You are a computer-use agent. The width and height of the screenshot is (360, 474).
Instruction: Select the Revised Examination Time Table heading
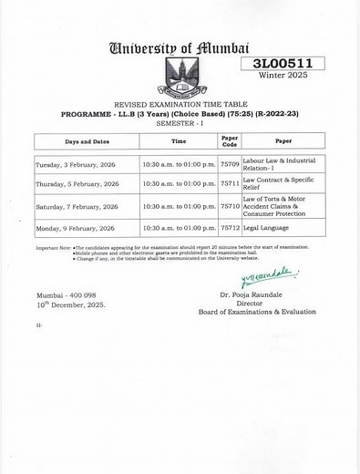(x=179, y=107)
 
